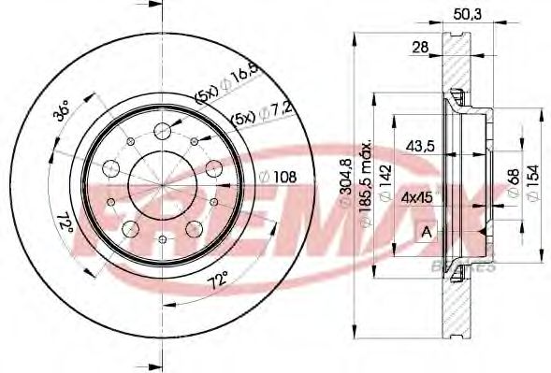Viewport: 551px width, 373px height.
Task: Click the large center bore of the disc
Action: pos(161,183)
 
